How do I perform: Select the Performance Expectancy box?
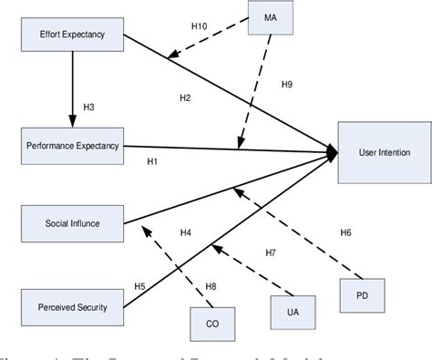[x=71, y=144]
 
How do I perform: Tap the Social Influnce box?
[x=71, y=221]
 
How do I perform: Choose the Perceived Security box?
[x=71, y=306]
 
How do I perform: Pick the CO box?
[x=212, y=323]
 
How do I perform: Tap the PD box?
[x=363, y=293]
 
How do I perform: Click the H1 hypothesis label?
[x=152, y=161]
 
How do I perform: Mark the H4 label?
[x=185, y=232]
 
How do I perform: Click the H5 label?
[x=139, y=287]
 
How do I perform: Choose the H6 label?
[x=345, y=232]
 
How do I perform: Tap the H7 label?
[x=270, y=252]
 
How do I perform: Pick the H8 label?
[x=211, y=287]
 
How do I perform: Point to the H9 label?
[x=285, y=85]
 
